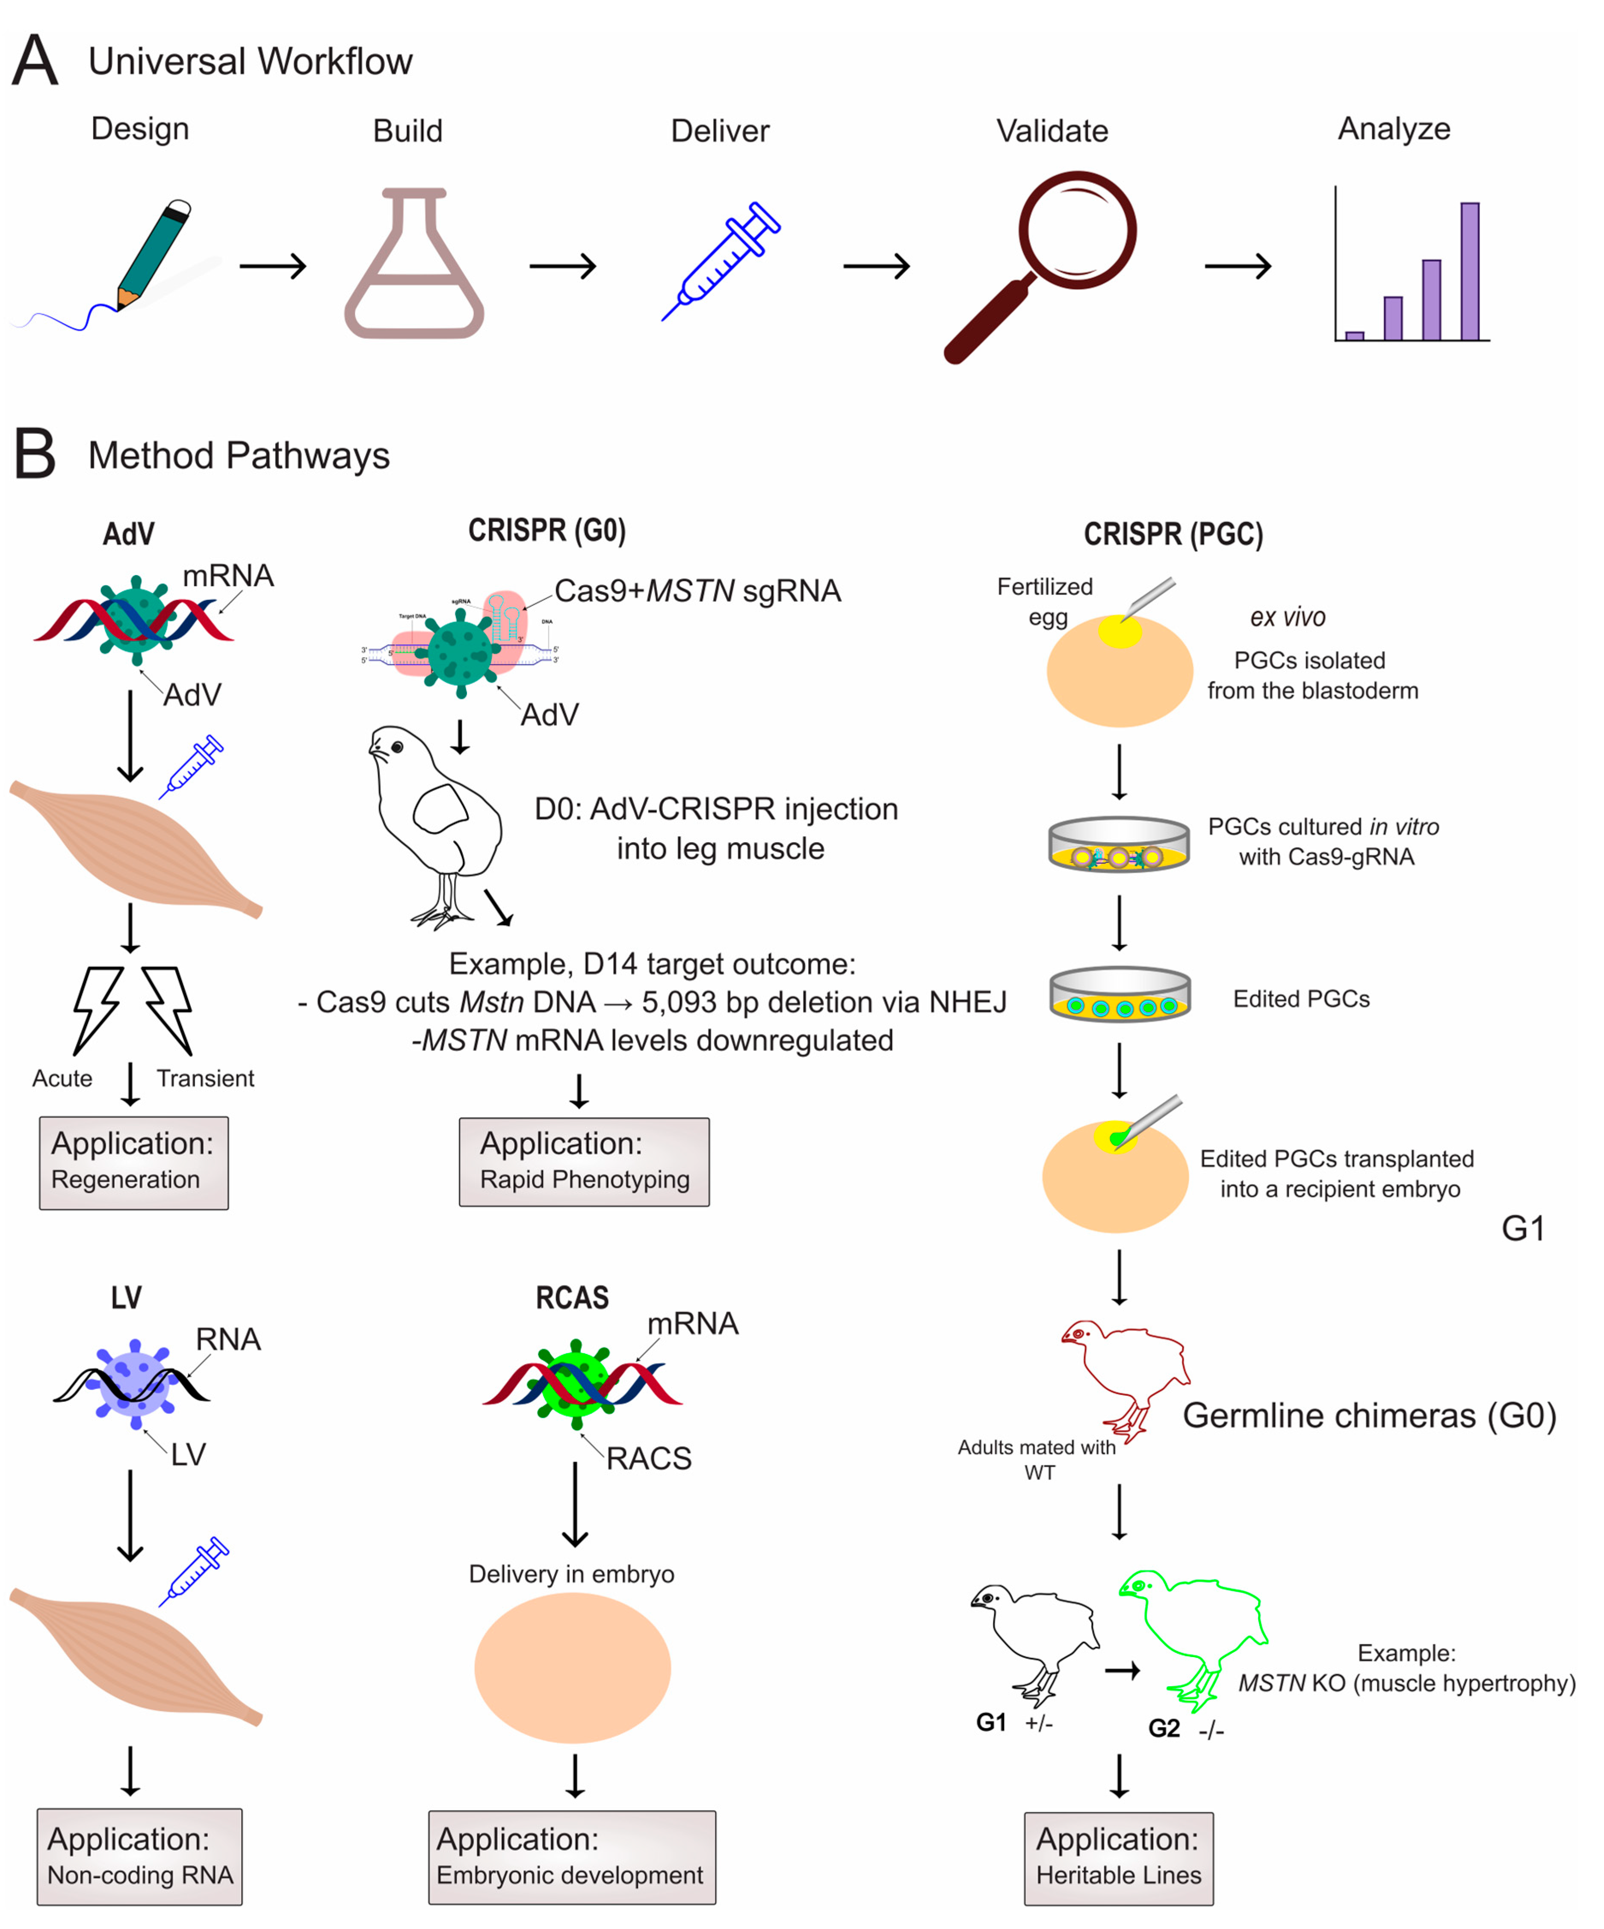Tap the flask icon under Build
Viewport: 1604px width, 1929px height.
click(414, 266)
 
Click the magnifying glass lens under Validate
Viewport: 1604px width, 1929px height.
click(1077, 230)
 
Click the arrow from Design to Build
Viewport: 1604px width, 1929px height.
click(273, 266)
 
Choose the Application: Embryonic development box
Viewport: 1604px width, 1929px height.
click(571, 1856)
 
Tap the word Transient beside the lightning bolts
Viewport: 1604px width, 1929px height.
click(205, 1078)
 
